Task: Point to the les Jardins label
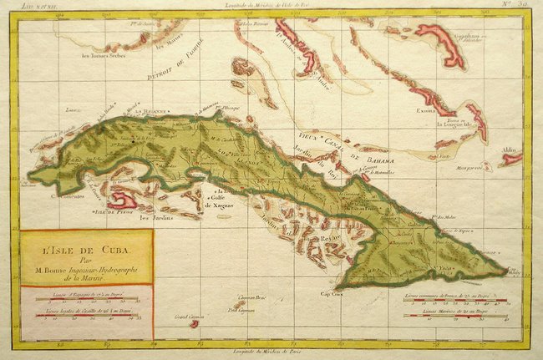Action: tap(155, 220)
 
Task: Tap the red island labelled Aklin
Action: tap(510, 158)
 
